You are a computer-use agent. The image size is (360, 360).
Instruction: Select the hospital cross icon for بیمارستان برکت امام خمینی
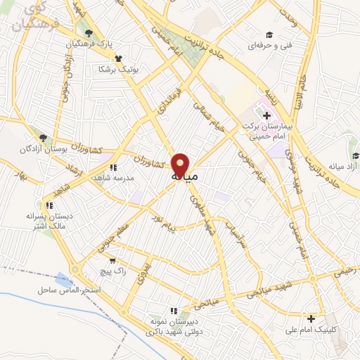(x=266, y=115)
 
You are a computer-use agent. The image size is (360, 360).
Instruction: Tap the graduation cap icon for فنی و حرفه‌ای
(x=269, y=34)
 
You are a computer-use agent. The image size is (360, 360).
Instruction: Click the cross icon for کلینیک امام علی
(x=311, y=319)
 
